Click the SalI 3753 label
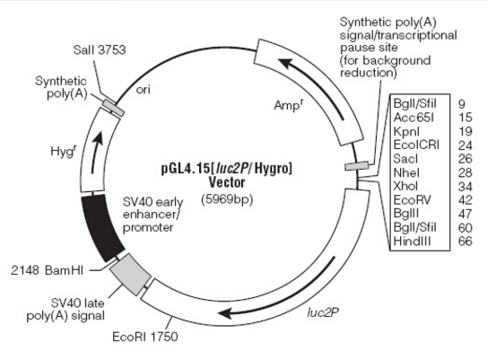pyautogui.click(x=100, y=50)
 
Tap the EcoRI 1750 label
pyautogui.click(x=145, y=337)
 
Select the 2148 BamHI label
pyautogui.click(x=48, y=270)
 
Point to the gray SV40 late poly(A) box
pyautogui.click(x=130, y=274)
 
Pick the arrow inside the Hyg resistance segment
pyautogui.click(x=96, y=152)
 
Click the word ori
pyautogui.click(x=143, y=90)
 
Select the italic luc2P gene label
pyautogui.click(x=323, y=312)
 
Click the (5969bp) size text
pyautogui.click(x=227, y=199)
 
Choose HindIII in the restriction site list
pyautogui.click(x=413, y=241)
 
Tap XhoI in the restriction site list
pyautogui.click(x=405, y=186)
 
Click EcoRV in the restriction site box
pyautogui.click(x=412, y=199)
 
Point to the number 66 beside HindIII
pyautogui.click(x=465, y=241)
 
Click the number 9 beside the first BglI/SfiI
pyautogui.click(x=462, y=104)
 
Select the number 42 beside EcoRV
pyautogui.click(x=465, y=200)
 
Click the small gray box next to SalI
pyautogui.click(x=114, y=108)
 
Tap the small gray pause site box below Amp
pyautogui.click(x=357, y=166)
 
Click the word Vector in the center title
pyautogui.click(x=227, y=182)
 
